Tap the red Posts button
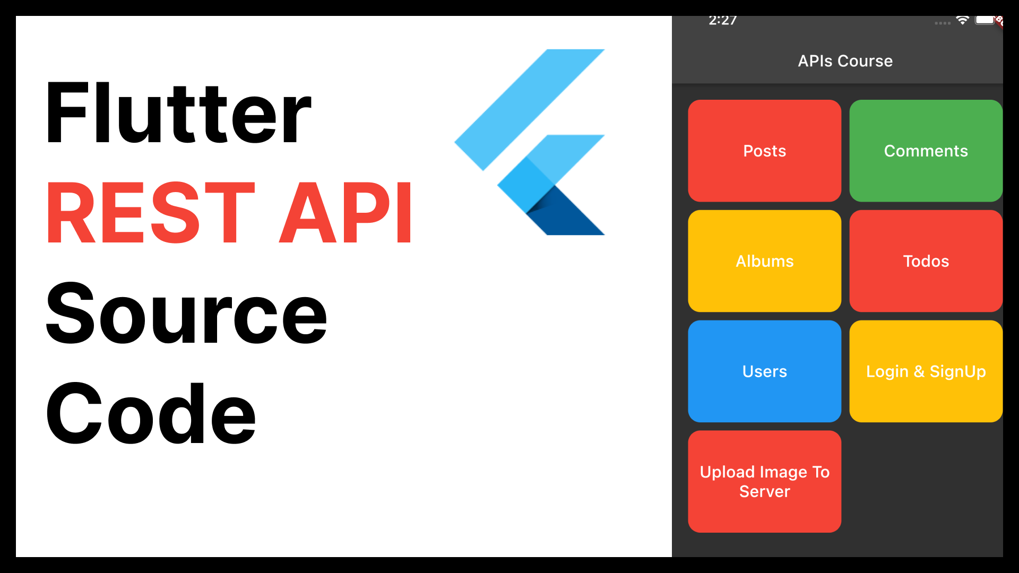coord(764,151)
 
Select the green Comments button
coord(926,151)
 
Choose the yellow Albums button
coord(764,261)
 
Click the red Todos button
coord(926,261)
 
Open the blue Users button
coord(764,371)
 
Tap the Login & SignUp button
coord(926,371)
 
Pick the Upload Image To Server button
coord(764,481)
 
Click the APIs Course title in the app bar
coord(845,61)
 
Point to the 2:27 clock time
coord(722,21)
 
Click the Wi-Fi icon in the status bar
coord(962,21)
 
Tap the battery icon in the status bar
coord(985,20)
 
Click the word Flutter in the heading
coord(178,112)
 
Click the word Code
coord(151,414)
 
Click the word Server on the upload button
coord(764,492)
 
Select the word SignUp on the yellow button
coord(957,371)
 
